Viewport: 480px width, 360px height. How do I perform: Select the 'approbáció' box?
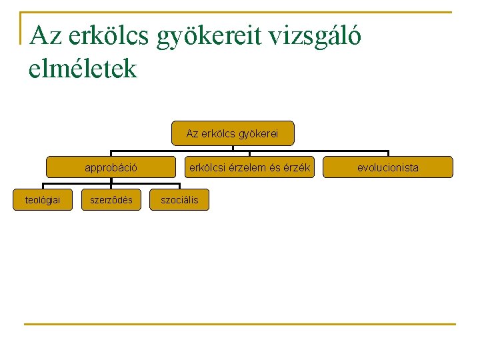tap(111, 167)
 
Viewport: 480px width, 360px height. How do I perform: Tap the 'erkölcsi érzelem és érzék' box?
tap(249, 167)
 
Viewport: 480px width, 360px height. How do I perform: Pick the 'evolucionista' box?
tap(387, 167)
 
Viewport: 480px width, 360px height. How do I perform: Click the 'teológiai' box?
tap(43, 200)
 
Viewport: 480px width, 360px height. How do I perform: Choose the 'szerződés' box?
tap(111, 200)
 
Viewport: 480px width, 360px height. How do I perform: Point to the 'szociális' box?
tap(179, 200)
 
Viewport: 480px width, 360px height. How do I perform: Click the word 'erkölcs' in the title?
tap(108, 36)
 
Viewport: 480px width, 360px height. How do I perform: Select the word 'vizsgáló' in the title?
tap(313, 36)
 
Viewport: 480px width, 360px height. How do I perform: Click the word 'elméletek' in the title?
tap(83, 68)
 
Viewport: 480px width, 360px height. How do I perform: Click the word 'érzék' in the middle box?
tap(297, 168)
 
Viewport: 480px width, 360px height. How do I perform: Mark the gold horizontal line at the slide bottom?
tap(240, 325)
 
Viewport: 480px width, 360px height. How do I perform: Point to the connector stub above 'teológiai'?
tap(43, 185)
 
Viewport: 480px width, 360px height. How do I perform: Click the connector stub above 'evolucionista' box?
tap(387, 153)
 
